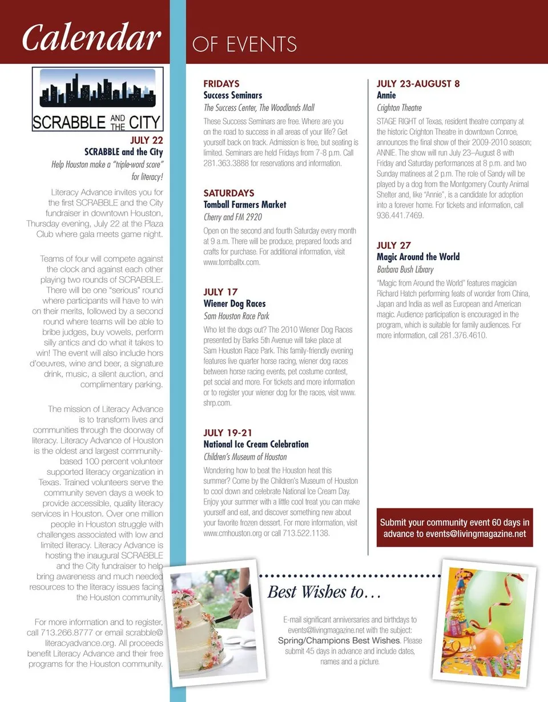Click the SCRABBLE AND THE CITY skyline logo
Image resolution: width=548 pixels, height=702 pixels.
[x=97, y=99]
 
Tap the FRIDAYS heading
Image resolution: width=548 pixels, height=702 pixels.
[x=221, y=83]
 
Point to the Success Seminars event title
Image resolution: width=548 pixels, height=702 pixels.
[x=233, y=95]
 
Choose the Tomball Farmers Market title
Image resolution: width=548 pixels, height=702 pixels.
[x=245, y=204]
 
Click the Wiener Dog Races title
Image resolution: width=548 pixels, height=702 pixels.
[x=235, y=304]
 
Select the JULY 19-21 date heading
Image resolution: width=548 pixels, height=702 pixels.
[x=228, y=432]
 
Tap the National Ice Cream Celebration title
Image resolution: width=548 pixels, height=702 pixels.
[x=256, y=444]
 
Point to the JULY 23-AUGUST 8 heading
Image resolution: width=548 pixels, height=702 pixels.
[x=418, y=83]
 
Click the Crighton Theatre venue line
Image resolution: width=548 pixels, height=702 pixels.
[x=400, y=108]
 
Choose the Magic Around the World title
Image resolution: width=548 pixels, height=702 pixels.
[x=418, y=257]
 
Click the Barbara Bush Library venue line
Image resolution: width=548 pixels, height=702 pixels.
[x=405, y=269]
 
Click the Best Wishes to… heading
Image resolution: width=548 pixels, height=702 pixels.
[x=324, y=591]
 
